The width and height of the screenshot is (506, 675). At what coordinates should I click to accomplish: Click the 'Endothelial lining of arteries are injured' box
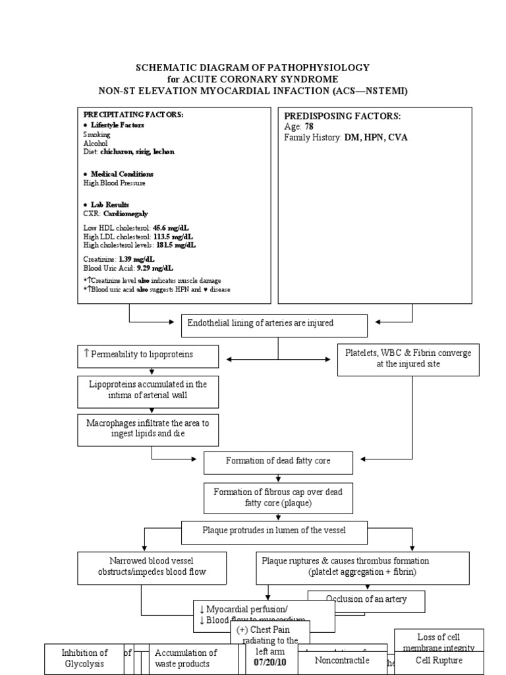point(273,324)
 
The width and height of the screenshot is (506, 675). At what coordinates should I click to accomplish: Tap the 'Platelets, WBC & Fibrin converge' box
point(408,359)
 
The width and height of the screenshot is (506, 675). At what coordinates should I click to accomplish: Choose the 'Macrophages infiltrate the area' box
point(147,429)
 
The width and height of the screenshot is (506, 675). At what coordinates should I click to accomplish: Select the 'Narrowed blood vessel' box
point(142,566)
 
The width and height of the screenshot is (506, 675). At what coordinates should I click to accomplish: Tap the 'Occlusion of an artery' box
point(366,599)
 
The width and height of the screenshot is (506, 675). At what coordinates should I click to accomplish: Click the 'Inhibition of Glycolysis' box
point(84,658)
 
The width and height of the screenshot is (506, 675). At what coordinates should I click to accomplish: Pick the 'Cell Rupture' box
point(439,660)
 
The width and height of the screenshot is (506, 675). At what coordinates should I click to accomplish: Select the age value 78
point(309,127)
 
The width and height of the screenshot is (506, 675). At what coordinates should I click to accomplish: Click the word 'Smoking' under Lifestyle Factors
point(97,134)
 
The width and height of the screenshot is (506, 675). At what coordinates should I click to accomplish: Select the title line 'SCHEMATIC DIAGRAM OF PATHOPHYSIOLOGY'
point(252,67)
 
